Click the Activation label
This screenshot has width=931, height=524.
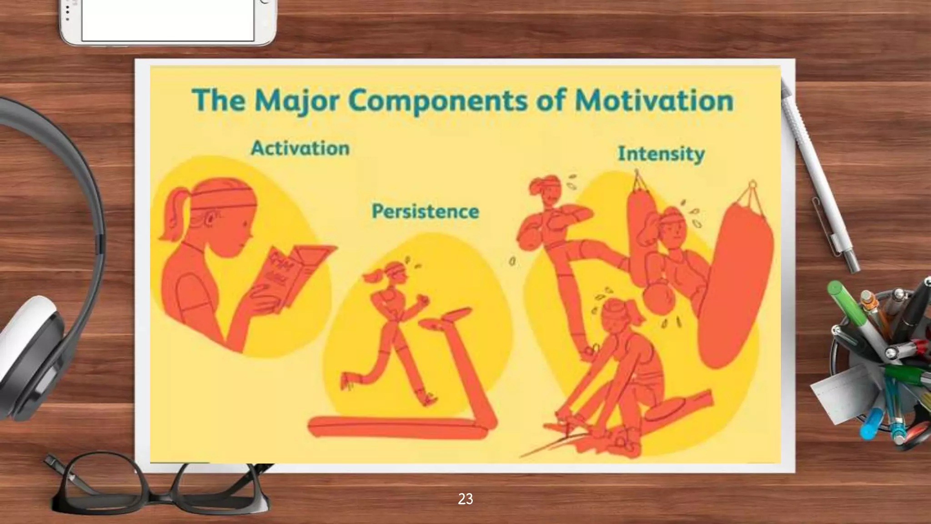click(x=300, y=148)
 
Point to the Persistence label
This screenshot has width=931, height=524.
click(x=425, y=212)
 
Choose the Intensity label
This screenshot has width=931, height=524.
click(x=661, y=154)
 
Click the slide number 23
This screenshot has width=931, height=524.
click(x=465, y=499)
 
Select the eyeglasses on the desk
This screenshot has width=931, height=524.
click(x=159, y=491)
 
